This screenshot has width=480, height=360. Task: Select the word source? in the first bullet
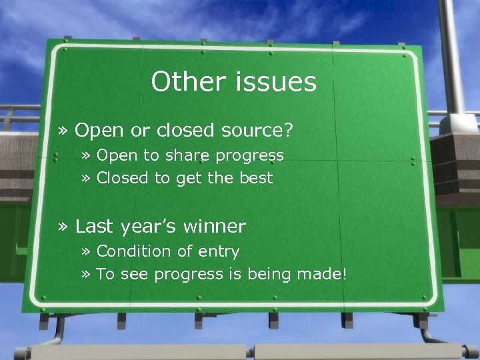pyautogui.click(x=257, y=131)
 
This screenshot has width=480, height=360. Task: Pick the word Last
pyautogui.click(x=95, y=227)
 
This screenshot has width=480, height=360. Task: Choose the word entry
pyautogui.click(x=217, y=252)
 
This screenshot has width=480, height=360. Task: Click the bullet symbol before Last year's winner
pyautogui.click(x=63, y=227)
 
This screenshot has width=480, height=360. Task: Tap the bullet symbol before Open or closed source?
pyautogui.click(x=63, y=131)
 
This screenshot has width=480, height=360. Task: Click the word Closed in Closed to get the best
pyautogui.click(x=123, y=178)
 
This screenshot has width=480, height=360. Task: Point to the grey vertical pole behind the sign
pyautogui.click(x=453, y=53)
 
